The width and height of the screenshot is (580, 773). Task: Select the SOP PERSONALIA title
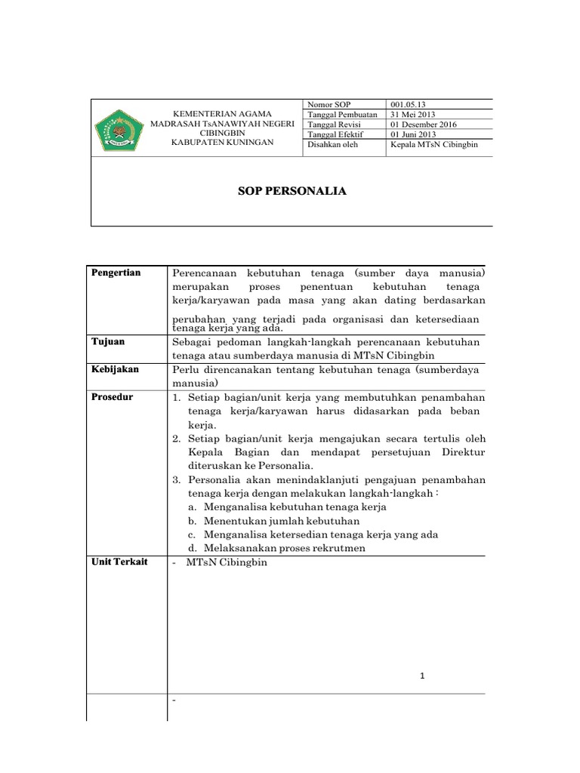tap(292, 192)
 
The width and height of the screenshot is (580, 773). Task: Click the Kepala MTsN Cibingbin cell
tap(434, 144)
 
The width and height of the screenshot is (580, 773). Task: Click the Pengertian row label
tap(116, 273)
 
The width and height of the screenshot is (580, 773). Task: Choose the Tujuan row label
tap(109, 341)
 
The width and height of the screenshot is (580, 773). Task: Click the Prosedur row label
tap(113, 397)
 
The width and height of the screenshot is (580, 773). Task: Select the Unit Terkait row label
tap(119, 562)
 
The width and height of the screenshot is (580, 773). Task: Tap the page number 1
tap(424, 676)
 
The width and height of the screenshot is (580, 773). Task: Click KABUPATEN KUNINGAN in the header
tap(222, 141)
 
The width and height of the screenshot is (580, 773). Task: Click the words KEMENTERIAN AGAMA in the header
tap(222, 112)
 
